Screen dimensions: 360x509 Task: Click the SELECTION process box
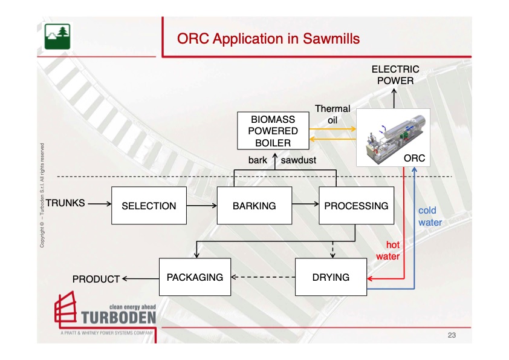149,206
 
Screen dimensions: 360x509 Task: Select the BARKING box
254,206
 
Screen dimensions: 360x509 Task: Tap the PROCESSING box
356,206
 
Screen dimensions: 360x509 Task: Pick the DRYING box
331,277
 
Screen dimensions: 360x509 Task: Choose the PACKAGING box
195,277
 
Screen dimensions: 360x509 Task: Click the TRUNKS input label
65,203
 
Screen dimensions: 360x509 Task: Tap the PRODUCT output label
96,280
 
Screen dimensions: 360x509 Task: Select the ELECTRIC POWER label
395,75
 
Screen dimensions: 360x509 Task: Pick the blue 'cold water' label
429,217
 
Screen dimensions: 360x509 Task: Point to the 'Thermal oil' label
332,114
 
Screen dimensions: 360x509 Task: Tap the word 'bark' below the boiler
258,161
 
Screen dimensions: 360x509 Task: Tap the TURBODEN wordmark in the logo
117,318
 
